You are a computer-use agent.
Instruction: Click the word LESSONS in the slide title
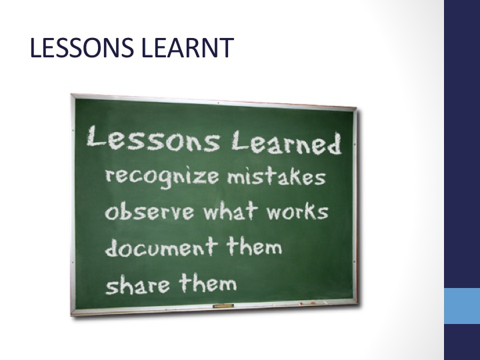point(82,48)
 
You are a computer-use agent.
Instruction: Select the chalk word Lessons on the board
point(153,139)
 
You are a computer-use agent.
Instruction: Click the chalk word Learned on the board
point(286,143)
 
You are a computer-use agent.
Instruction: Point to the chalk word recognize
point(162,177)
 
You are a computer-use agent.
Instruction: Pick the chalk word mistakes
point(277,177)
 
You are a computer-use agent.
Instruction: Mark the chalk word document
point(161,247)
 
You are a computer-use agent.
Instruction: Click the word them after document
point(254,247)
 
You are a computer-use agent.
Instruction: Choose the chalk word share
point(137,285)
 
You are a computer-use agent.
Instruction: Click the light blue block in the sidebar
point(462,306)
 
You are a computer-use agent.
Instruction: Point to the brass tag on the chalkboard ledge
point(223,306)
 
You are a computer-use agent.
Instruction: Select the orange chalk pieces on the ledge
point(308,303)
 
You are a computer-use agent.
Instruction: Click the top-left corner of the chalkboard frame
point(71,94)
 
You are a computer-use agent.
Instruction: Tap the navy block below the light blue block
point(462,342)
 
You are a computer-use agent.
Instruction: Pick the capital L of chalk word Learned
point(240,140)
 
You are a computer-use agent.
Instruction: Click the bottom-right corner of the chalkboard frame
point(357,304)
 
